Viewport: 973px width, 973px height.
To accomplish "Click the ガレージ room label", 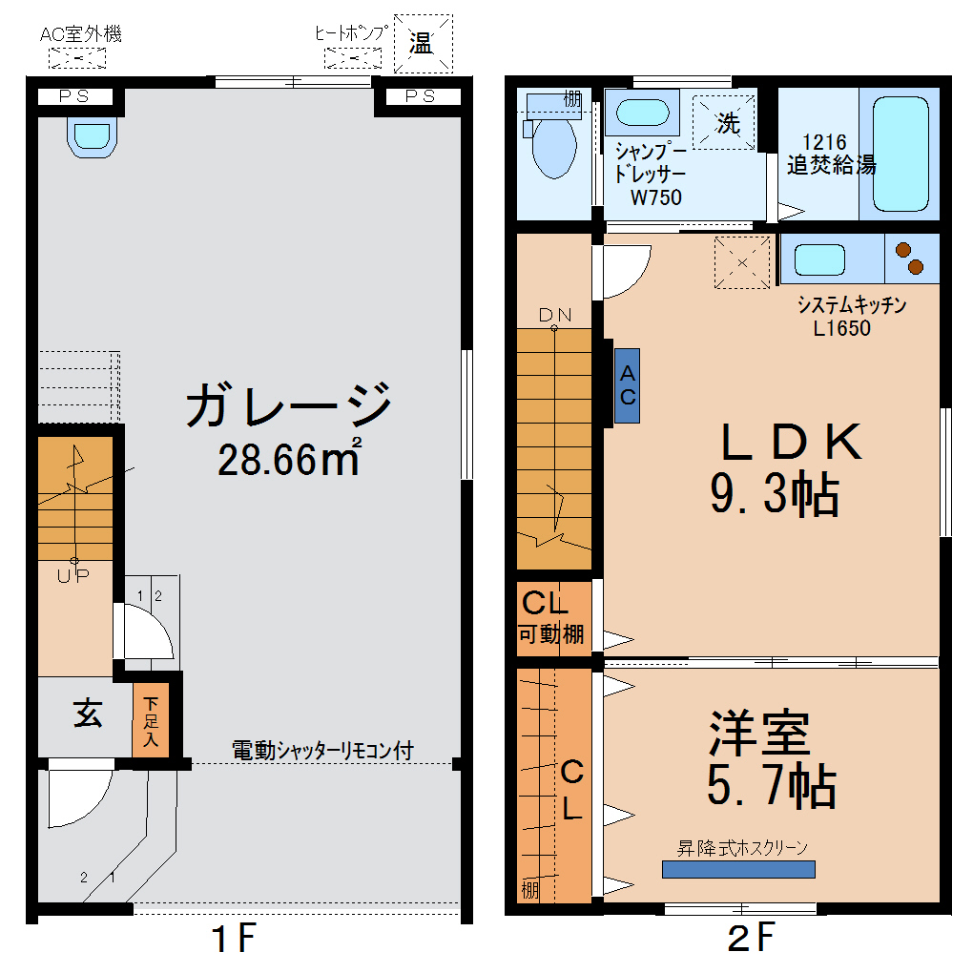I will coord(289,404).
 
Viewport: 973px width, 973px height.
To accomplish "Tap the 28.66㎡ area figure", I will coord(289,460).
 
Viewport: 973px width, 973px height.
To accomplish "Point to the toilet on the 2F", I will coord(553,145).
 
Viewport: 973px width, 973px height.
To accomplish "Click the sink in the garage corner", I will coord(93,135).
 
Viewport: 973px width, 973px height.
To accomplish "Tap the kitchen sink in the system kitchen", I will coord(819,259).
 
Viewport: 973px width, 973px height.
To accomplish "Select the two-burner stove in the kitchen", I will coord(909,259).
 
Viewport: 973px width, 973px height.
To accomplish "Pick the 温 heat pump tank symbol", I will coord(422,43).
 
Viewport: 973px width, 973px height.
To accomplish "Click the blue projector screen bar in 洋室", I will coord(738,869).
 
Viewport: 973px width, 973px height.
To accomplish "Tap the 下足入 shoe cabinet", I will coord(151,721).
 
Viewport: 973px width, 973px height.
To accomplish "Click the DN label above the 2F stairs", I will coord(554,315).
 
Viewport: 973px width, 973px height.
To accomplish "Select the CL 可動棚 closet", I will coord(550,618).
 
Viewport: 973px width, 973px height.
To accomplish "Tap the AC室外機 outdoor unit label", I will coord(81,35).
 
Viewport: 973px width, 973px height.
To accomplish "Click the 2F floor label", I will coord(750,940).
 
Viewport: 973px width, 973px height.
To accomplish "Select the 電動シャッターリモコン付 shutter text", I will coord(322,751).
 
